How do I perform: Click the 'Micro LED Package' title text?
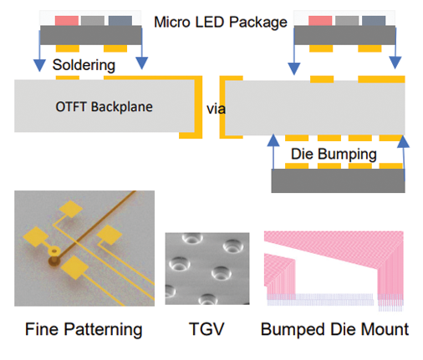pyautogui.click(x=221, y=23)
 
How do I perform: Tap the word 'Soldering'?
pyautogui.click(x=84, y=65)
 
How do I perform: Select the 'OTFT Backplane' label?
pyautogui.click(x=104, y=107)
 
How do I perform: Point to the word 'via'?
pyautogui.click(x=216, y=109)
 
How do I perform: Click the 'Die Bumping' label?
pyautogui.click(x=334, y=155)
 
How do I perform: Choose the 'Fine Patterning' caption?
pyautogui.click(x=84, y=329)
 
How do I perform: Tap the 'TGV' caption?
pyautogui.click(x=206, y=329)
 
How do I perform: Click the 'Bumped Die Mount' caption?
pyautogui.click(x=334, y=329)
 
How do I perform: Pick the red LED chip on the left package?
pyautogui.click(x=67, y=21)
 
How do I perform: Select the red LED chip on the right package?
pyautogui.click(x=320, y=21)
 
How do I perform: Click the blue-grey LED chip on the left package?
pyautogui.click(x=120, y=21)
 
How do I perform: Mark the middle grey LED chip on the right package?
pyautogui.click(x=347, y=21)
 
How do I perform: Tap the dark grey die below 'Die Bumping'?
pyautogui.click(x=338, y=180)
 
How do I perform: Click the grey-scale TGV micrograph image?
pyautogui.click(x=207, y=269)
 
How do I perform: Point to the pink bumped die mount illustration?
pyautogui.click(x=334, y=271)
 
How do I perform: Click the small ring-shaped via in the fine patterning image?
pyautogui.click(x=54, y=251)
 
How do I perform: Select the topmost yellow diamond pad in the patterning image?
pyautogui.click(x=71, y=209)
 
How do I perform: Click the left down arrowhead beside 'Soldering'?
pyautogui.click(x=39, y=65)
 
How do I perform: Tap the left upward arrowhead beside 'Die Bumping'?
pyautogui.click(x=273, y=140)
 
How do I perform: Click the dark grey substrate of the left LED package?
pyautogui.click(x=91, y=35)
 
